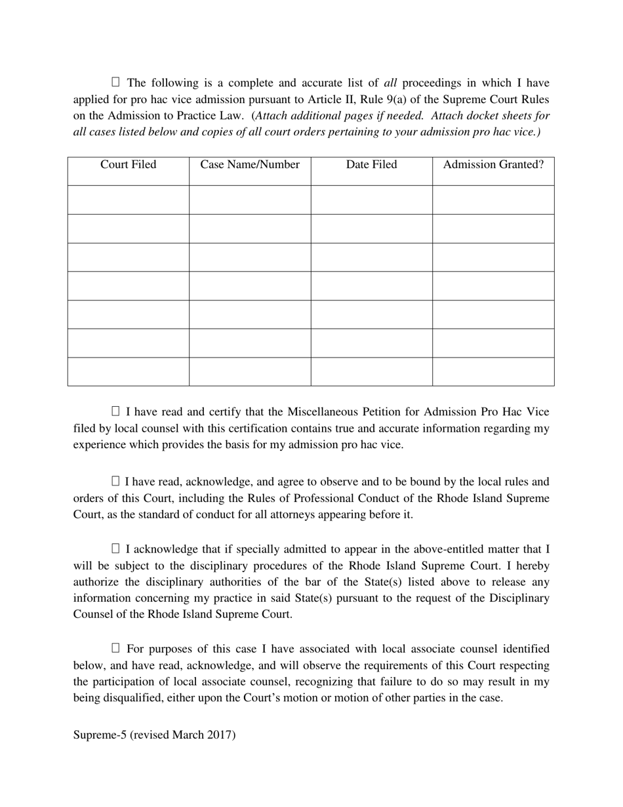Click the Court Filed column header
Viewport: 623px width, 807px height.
[128, 165]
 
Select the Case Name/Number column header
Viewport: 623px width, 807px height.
[250, 165]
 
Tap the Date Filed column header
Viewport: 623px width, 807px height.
[371, 165]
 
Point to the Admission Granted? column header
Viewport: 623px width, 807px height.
[493, 165]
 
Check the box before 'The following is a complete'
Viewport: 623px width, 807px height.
[116, 82]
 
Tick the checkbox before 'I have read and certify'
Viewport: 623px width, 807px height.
[116, 411]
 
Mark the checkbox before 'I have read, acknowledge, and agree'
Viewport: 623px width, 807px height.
[116, 481]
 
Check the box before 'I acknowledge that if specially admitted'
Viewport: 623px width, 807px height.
[116, 548]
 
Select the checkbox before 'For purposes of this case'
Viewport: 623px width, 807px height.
[116, 648]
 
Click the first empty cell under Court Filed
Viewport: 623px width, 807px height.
[128, 199]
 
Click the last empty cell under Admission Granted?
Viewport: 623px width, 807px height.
[493, 371]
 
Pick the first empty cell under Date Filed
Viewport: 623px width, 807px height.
[371, 199]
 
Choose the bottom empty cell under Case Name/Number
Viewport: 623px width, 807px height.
[250, 371]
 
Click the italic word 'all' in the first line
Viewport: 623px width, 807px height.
[390, 83]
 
